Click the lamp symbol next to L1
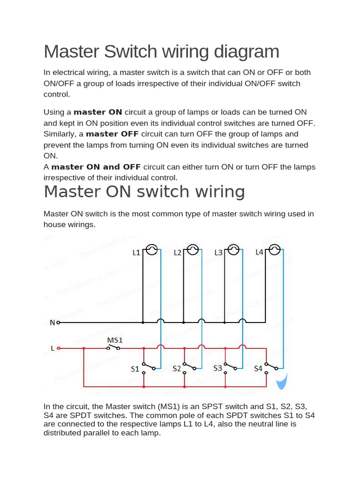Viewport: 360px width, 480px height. (x=151, y=250)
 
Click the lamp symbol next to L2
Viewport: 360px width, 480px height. (x=192, y=250)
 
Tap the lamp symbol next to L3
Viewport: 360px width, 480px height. (x=233, y=250)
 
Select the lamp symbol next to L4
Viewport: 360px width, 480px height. (x=274, y=250)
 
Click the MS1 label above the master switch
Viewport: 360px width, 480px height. (x=115, y=340)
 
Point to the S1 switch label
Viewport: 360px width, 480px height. (x=135, y=369)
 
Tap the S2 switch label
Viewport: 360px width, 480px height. (x=176, y=369)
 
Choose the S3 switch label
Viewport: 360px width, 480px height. (x=217, y=368)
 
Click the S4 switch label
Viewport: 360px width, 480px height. (x=258, y=369)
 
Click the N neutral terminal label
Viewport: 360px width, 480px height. (x=52, y=322)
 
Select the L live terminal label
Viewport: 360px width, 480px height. (x=52, y=348)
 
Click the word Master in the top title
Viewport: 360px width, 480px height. (x=73, y=52)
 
